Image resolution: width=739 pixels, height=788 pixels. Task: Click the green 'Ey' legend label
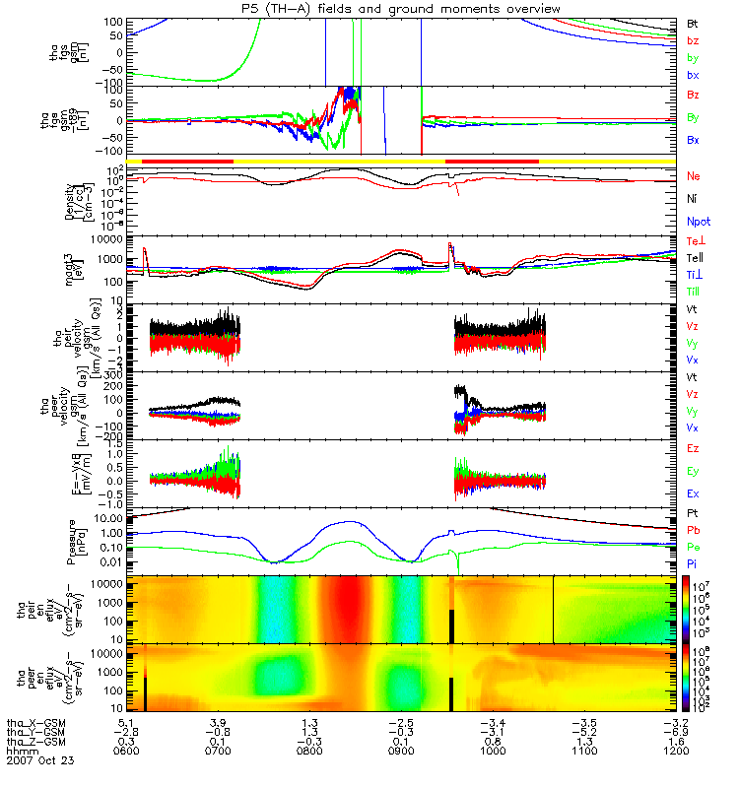tap(693, 471)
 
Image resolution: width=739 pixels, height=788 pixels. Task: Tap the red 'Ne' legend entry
tap(693, 175)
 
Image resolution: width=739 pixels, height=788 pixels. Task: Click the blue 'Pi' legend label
tap(692, 563)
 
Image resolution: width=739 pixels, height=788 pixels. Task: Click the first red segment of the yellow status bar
tap(187, 160)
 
